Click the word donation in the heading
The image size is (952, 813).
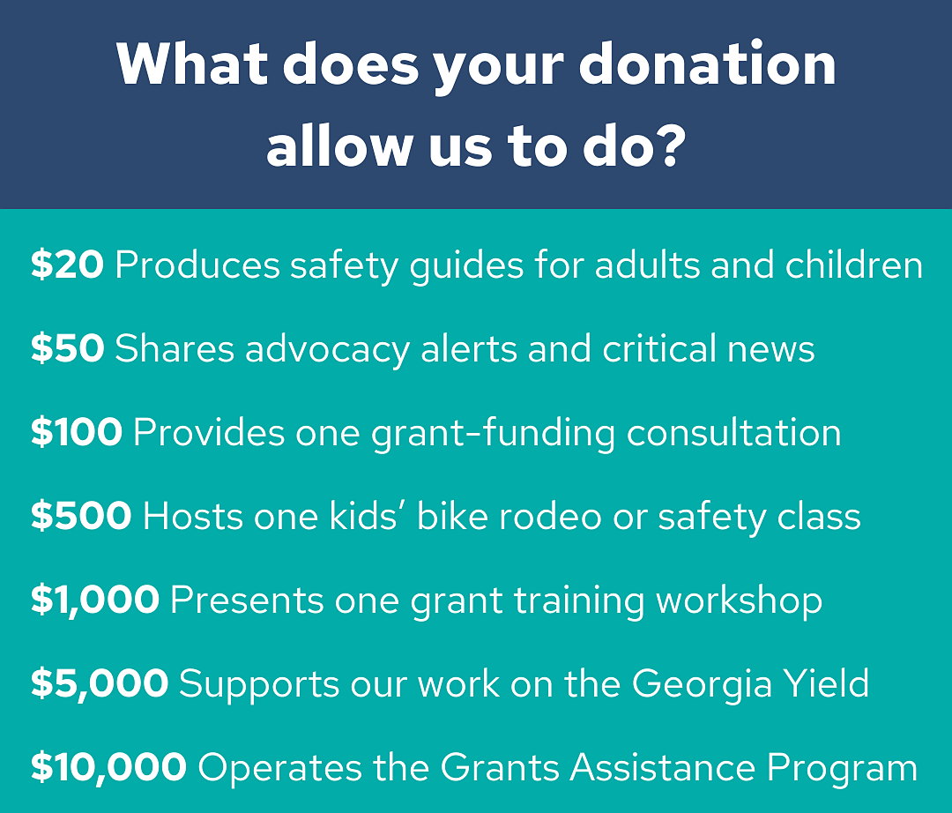(x=707, y=63)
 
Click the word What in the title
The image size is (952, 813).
(x=192, y=63)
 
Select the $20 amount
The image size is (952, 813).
(x=67, y=265)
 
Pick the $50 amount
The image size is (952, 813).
(x=67, y=348)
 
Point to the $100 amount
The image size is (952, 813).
(x=77, y=432)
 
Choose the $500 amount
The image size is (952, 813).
(x=81, y=516)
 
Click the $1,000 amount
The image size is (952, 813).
(x=95, y=600)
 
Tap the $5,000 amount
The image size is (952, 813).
(x=100, y=683)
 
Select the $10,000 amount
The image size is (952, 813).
(x=108, y=767)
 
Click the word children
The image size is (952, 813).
(x=853, y=265)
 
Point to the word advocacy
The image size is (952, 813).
(x=327, y=350)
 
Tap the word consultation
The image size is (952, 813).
(x=733, y=432)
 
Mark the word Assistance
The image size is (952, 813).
(x=663, y=767)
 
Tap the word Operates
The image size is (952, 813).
(x=280, y=768)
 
